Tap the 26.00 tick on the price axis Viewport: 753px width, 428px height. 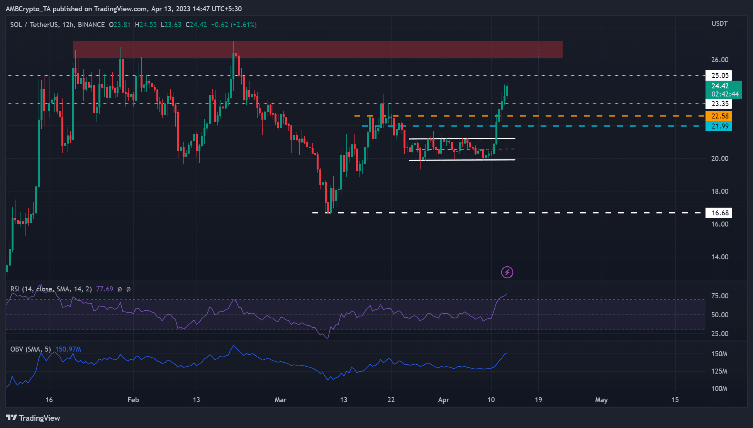pos(720,60)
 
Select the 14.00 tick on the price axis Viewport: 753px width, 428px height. pos(720,257)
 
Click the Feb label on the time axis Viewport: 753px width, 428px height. pos(133,400)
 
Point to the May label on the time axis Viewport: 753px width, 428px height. pos(601,400)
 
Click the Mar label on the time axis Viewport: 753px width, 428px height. pos(280,400)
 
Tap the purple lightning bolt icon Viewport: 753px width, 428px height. pos(507,272)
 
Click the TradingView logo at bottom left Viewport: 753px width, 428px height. pos(33,418)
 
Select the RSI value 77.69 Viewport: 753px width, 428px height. pos(105,289)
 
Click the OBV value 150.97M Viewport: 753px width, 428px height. pos(68,349)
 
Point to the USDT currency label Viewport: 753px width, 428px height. pos(719,24)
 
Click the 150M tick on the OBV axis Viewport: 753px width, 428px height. pos(719,354)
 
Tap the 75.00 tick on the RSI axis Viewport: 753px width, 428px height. pos(720,296)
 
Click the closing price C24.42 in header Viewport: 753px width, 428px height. pos(196,25)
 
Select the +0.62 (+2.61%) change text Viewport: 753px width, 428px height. pos(234,25)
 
